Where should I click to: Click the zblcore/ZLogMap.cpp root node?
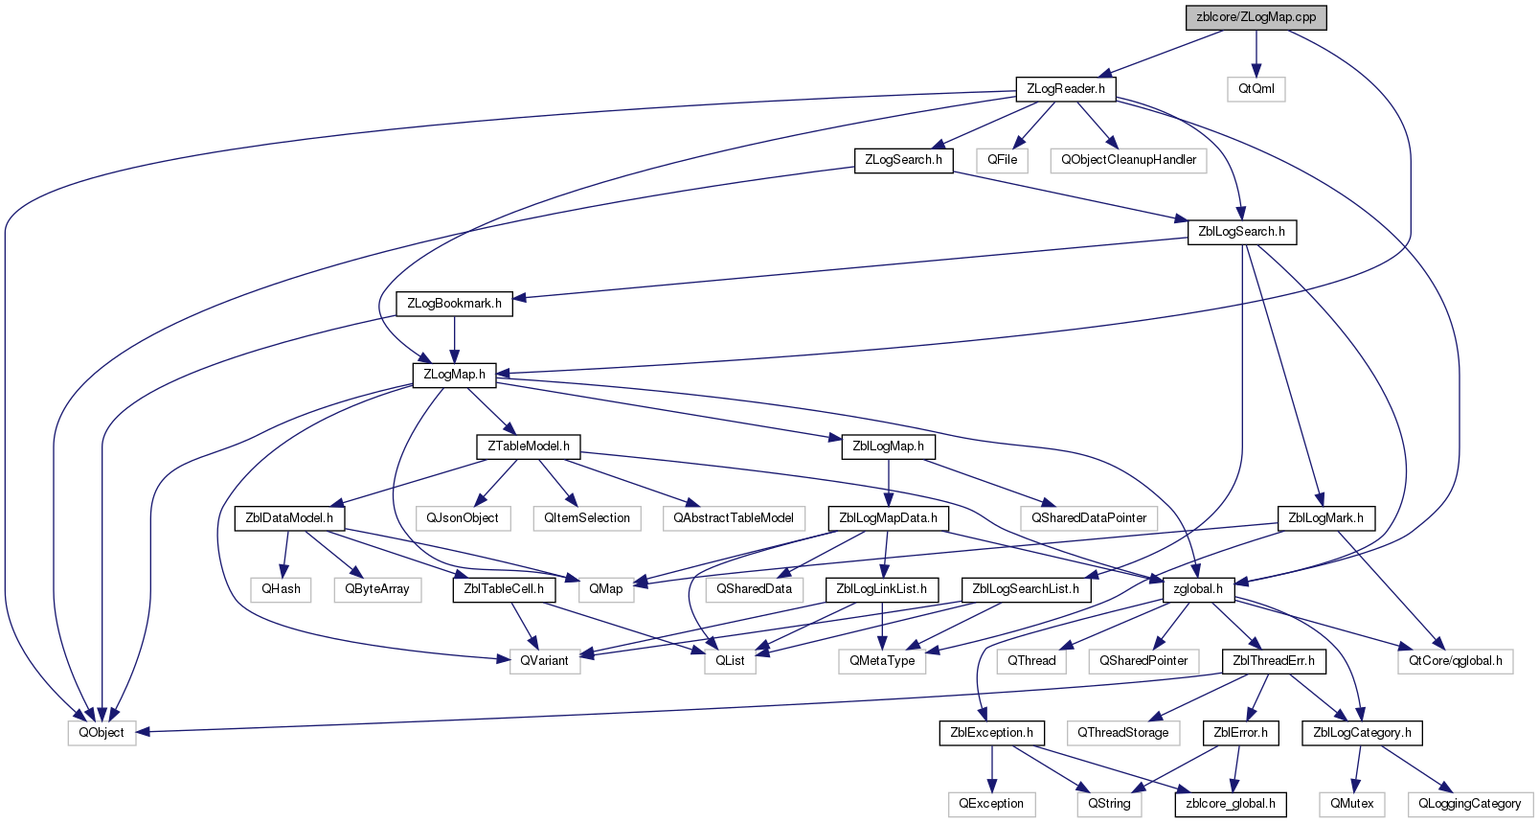(x=1256, y=17)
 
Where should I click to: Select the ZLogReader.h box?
(x=1066, y=89)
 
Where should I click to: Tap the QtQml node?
(x=1256, y=89)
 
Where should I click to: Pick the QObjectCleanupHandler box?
(x=1128, y=160)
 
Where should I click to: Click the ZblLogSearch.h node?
(x=1241, y=232)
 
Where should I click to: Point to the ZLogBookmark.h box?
(x=454, y=303)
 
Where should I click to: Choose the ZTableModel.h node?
(x=529, y=446)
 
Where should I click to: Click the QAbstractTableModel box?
(x=733, y=517)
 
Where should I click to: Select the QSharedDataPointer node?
(x=1089, y=517)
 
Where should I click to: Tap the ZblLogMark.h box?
(x=1326, y=517)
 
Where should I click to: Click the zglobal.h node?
(x=1198, y=589)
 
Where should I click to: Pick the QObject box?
(x=102, y=732)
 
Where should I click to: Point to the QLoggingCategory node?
(x=1470, y=804)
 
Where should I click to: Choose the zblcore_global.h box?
(x=1231, y=804)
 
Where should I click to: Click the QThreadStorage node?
(x=1122, y=732)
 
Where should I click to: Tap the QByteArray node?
(x=377, y=589)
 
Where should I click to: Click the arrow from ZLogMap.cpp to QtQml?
(x=1256, y=54)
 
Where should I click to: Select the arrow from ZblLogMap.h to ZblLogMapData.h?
(x=889, y=483)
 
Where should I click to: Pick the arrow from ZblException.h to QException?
(x=991, y=768)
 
